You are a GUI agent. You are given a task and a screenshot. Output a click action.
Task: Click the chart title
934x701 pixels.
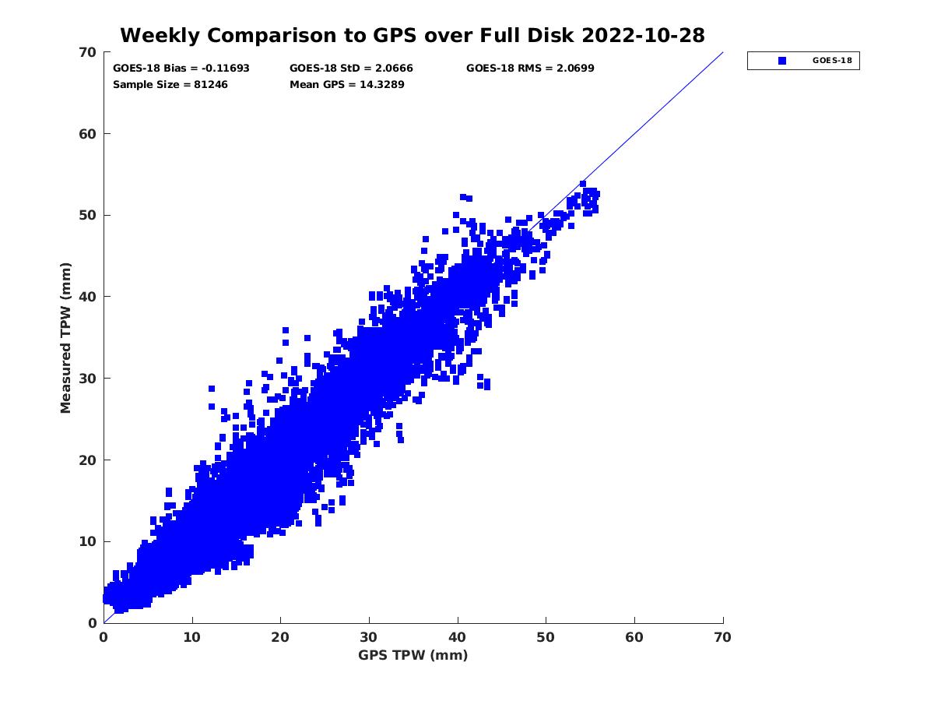(x=413, y=35)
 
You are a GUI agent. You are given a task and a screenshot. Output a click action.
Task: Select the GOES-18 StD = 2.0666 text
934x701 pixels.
(x=351, y=69)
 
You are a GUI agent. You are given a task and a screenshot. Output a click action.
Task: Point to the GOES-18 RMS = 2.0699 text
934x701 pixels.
(x=530, y=69)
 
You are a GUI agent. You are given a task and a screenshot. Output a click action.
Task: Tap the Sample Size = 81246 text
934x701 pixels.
(x=170, y=84)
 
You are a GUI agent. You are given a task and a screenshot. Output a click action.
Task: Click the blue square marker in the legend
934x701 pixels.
(x=782, y=61)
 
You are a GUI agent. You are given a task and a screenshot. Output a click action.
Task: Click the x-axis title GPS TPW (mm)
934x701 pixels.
(x=413, y=655)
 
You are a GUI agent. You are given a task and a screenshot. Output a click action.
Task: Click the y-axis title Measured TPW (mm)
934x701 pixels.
(x=65, y=337)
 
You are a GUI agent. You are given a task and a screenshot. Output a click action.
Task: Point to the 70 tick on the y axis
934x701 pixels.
(x=87, y=52)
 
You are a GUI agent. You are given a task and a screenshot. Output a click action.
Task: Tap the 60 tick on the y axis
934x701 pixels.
(x=87, y=134)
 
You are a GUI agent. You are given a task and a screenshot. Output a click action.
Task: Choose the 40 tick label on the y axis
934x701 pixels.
(x=87, y=297)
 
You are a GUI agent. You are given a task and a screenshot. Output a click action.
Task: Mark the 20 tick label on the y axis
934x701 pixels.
(x=87, y=460)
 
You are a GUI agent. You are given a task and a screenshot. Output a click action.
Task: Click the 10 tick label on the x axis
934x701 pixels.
(x=192, y=637)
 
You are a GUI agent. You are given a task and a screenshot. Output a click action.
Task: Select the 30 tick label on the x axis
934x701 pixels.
(x=369, y=637)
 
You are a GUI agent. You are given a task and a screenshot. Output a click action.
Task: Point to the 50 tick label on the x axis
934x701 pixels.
(x=546, y=637)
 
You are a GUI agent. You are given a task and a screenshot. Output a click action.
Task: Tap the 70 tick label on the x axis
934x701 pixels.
(x=723, y=637)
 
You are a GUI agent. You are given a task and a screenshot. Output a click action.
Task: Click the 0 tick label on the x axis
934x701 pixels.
(x=104, y=637)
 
